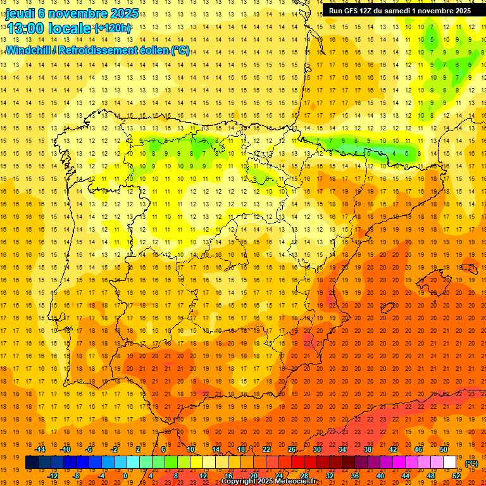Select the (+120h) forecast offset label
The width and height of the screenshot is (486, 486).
tap(113, 28)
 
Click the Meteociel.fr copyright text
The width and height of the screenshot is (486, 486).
tap(277, 482)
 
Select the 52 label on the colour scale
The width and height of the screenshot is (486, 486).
tap(456, 476)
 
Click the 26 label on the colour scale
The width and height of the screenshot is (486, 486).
tap(292, 449)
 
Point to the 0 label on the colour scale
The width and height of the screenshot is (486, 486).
tap(125, 476)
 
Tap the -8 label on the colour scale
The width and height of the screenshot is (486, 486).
tap(77, 476)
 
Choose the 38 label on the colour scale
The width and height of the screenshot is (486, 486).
tap(367, 449)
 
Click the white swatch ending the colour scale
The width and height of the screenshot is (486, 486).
tap(450, 463)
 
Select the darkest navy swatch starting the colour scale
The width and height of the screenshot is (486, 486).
tap(32, 463)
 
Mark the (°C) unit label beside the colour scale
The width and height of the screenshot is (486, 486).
tap(471, 463)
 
